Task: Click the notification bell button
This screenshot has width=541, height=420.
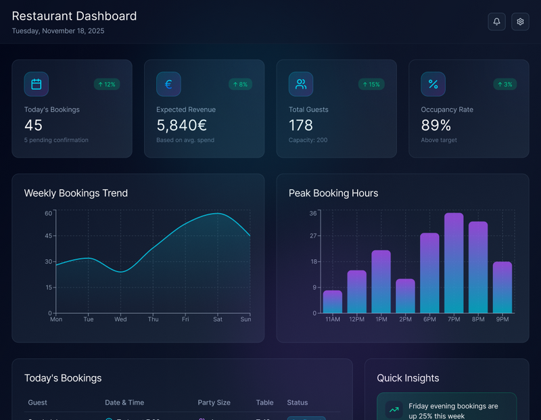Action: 496,22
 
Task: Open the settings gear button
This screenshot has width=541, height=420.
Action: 520,22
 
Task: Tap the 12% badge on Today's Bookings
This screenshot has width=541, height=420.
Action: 107,85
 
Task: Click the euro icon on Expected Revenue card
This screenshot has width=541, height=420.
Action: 168,85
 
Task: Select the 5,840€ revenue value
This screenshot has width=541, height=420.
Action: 181,125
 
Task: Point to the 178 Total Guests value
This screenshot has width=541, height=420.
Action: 301,125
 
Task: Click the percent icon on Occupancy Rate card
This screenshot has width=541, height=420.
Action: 433,85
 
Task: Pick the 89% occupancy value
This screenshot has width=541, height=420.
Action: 436,125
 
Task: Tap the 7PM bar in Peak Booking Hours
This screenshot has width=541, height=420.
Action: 454,264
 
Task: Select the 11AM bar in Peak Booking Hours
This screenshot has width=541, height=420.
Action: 333,302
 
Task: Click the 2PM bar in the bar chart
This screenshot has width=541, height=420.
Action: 405,296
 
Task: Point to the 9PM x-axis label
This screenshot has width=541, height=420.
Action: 502,319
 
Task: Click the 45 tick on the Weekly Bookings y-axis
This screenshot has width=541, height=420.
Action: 48,236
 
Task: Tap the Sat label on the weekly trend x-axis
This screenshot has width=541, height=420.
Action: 218,319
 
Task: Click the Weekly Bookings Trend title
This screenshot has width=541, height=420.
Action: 76,193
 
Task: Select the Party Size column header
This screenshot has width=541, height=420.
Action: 214,402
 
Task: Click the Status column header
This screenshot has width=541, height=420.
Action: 298,402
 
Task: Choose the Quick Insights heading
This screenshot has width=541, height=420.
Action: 408,378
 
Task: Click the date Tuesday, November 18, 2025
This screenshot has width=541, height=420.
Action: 58,31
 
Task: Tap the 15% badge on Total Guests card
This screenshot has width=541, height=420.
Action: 371,85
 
